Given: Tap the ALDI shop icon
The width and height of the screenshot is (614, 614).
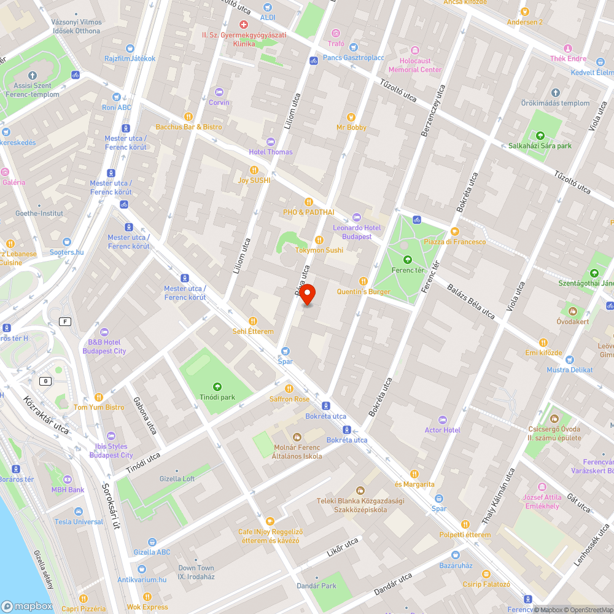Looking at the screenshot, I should pos(267,7).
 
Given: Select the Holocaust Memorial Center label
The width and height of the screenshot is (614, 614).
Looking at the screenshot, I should pos(415,65).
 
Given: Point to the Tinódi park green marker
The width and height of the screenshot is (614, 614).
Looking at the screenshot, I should pos(217,387).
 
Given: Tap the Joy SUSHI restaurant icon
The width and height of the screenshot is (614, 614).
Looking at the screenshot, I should pos(254,170).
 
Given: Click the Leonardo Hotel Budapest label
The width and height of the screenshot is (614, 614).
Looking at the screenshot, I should pos(357,232).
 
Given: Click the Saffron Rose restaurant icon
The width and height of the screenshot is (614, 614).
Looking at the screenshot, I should pos(289,389).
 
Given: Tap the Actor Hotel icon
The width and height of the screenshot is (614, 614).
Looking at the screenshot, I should pos(443,420).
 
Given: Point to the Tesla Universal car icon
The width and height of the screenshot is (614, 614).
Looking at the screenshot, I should pos(79,511).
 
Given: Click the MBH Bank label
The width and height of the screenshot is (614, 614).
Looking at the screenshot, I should pos(68,490).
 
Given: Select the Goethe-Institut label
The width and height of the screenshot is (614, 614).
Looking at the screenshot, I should pos(39,213).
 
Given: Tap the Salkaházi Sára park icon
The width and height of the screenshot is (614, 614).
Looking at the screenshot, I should pos(540,136).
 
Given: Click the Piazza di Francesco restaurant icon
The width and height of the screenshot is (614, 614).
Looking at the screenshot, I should pos(454,231).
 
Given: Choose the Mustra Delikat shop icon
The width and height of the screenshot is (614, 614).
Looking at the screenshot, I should pos(569,360).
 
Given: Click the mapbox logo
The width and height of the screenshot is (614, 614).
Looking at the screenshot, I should pos(27,605).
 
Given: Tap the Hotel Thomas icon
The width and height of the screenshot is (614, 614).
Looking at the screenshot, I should pos(270,142).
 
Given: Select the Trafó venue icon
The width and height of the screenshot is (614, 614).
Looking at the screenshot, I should pos(336,33).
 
